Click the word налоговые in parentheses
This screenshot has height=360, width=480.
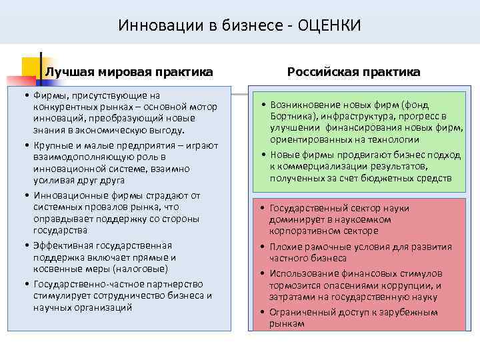point(143,269)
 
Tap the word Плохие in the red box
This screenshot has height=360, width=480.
point(286,247)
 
